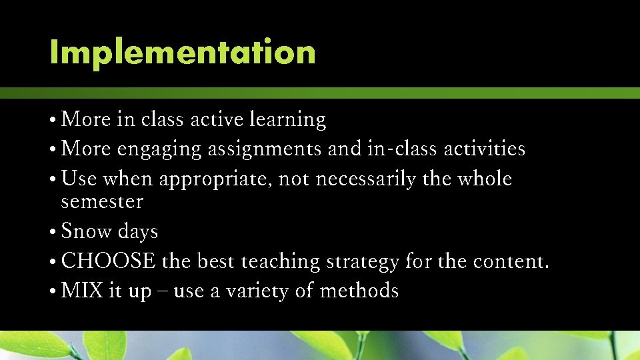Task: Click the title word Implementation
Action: pos(183,53)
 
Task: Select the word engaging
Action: pos(159,149)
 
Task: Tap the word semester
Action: pos(101,201)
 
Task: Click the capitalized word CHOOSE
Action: pos(108,261)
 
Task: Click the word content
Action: pos(511,261)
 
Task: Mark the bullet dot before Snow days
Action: pos(53,233)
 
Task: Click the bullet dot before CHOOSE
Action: pos(53,262)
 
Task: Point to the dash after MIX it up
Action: pos(162,292)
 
